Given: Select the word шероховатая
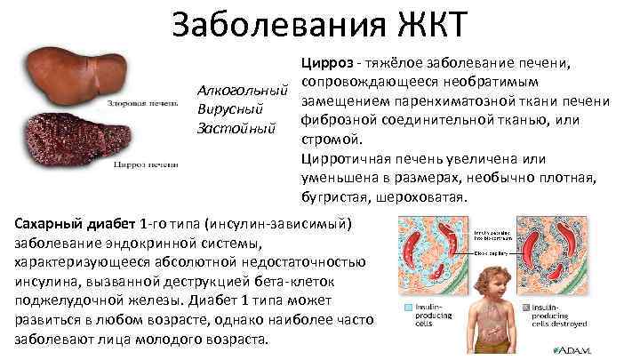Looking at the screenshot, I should click(420, 196).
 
